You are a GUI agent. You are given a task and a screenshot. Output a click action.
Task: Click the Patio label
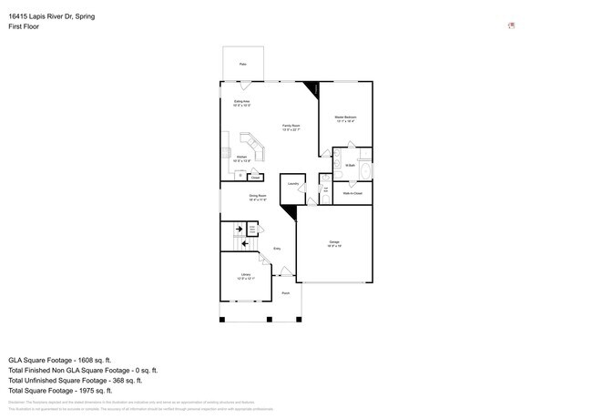(243, 64)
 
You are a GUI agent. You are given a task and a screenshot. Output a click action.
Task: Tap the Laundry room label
(293, 184)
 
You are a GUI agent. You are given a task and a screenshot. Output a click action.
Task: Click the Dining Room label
(258, 196)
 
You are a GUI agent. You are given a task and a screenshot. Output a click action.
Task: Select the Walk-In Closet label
(353, 193)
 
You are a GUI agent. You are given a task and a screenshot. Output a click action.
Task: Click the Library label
(246, 275)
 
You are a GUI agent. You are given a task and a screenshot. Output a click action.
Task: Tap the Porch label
(285, 293)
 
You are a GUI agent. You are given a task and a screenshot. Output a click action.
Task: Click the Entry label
(277, 249)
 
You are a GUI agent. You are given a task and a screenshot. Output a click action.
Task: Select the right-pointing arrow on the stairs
(239, 230)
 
